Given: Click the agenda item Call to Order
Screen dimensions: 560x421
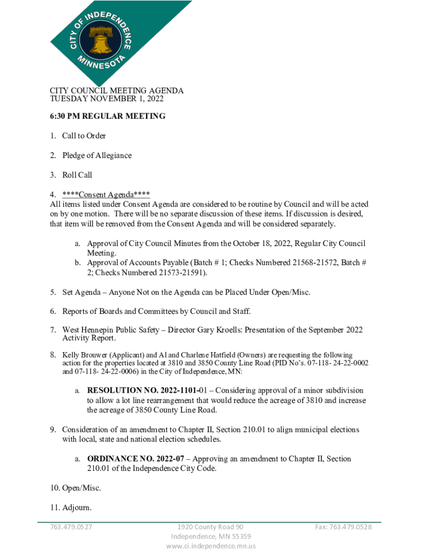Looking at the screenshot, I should (84, 136).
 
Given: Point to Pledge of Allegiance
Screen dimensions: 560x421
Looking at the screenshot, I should (97, 155).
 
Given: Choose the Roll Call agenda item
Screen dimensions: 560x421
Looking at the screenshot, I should (77, 175).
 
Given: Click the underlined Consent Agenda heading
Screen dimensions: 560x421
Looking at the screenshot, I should (106, 195).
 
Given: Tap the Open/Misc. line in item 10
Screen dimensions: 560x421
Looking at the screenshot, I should (81, 487).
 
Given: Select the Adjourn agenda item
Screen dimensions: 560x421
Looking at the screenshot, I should (77, 508).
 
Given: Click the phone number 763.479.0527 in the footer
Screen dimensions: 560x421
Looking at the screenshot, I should (71, 527).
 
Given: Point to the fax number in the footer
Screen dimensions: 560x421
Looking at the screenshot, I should (343, 527).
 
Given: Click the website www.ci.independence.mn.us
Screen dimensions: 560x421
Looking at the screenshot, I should (210, 546).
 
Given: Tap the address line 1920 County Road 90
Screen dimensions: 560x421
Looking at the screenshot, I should (210, 527).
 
